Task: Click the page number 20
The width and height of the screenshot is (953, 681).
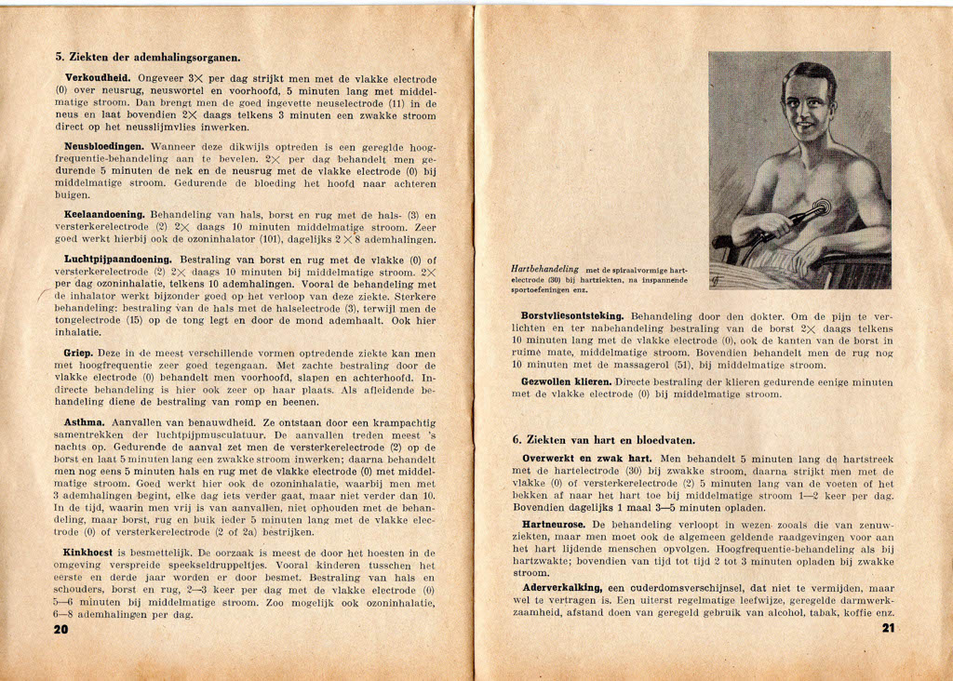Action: point(61,629)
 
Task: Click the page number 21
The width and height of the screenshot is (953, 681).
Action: point(886,628)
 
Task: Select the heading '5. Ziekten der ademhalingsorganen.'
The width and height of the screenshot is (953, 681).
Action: point(148,57)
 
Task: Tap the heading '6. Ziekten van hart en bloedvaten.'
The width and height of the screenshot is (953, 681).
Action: point(604,439)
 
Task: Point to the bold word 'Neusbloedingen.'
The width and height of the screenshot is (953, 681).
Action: point(103,147)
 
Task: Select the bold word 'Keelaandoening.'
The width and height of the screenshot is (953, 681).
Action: point(105,215)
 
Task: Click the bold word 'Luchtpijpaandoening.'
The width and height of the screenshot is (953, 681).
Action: point(118,260)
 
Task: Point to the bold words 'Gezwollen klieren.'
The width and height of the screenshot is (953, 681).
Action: point(566,381)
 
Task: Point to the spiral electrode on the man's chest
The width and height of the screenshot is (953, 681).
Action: point(820,207)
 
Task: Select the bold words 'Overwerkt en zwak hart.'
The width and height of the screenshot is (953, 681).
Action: point(587,459)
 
